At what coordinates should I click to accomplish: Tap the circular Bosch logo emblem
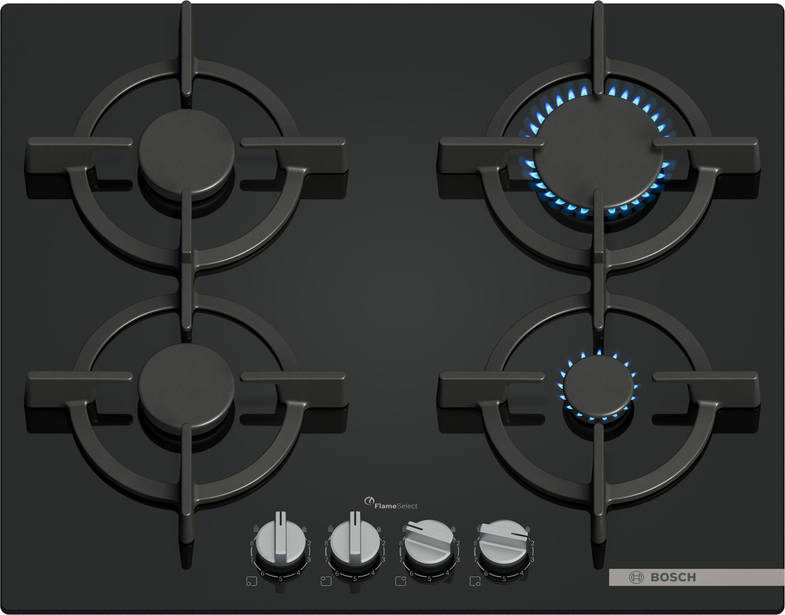(x=636, y=578)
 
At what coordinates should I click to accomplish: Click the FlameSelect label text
(x=396, y=506)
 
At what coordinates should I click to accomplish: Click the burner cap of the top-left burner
(x=186, y=151)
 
